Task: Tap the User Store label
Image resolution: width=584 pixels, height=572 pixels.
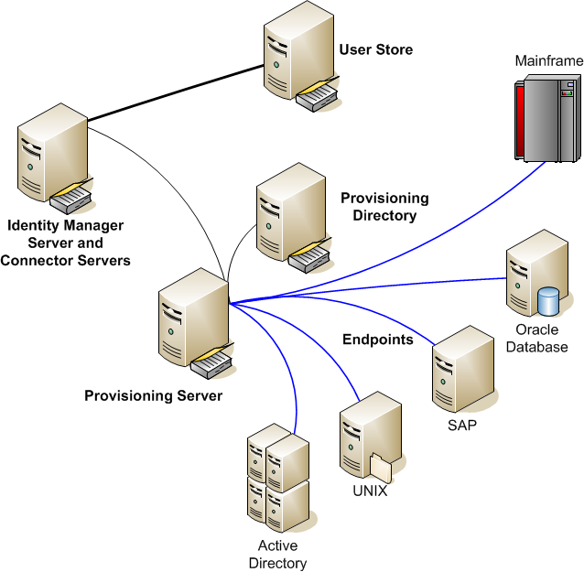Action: [x=375, y=49]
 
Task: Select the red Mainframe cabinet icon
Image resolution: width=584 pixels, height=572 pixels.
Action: [x=545, y=119]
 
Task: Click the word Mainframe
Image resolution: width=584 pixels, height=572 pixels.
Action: [x=548, y=61]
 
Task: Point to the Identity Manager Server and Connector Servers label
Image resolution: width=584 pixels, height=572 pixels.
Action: [x=65, y=243]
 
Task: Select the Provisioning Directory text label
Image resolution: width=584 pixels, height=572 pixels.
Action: [x=384, y=207]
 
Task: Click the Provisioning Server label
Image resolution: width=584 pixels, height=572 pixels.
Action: [x=153, y=396]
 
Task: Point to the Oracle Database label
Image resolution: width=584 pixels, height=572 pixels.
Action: [x=542, y=339]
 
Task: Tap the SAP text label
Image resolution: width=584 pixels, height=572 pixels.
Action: [x=462, y=426]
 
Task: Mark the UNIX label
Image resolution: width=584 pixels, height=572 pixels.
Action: [x=370, y=491]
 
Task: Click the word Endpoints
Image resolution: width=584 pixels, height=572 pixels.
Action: [x=377, y=340]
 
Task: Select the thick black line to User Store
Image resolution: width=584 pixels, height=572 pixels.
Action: [x=174, y=92]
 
